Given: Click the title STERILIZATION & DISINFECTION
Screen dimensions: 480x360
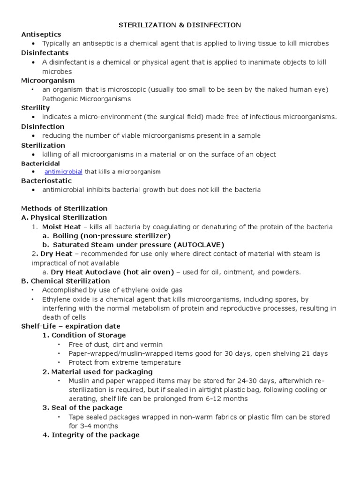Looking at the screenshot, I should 180,24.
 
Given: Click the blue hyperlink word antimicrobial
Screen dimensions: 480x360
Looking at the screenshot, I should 63,172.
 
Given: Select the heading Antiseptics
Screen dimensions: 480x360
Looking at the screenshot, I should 41,34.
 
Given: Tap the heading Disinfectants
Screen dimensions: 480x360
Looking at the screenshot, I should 45,52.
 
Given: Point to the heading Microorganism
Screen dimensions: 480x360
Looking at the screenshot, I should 45,80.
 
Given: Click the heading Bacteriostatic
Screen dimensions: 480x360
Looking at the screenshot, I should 46,180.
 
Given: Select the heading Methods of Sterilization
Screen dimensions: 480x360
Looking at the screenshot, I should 64,208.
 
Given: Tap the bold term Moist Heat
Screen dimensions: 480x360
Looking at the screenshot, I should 60,226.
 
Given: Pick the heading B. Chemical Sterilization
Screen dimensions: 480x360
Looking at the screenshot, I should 66,281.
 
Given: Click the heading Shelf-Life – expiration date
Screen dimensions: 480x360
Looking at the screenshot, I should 71,326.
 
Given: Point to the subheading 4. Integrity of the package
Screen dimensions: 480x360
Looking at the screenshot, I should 91,435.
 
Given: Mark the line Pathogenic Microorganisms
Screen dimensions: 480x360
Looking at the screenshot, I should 87,99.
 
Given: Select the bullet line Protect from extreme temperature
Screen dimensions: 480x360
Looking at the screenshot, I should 124,362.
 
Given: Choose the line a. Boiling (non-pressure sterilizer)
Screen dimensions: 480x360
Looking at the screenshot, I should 106,235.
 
